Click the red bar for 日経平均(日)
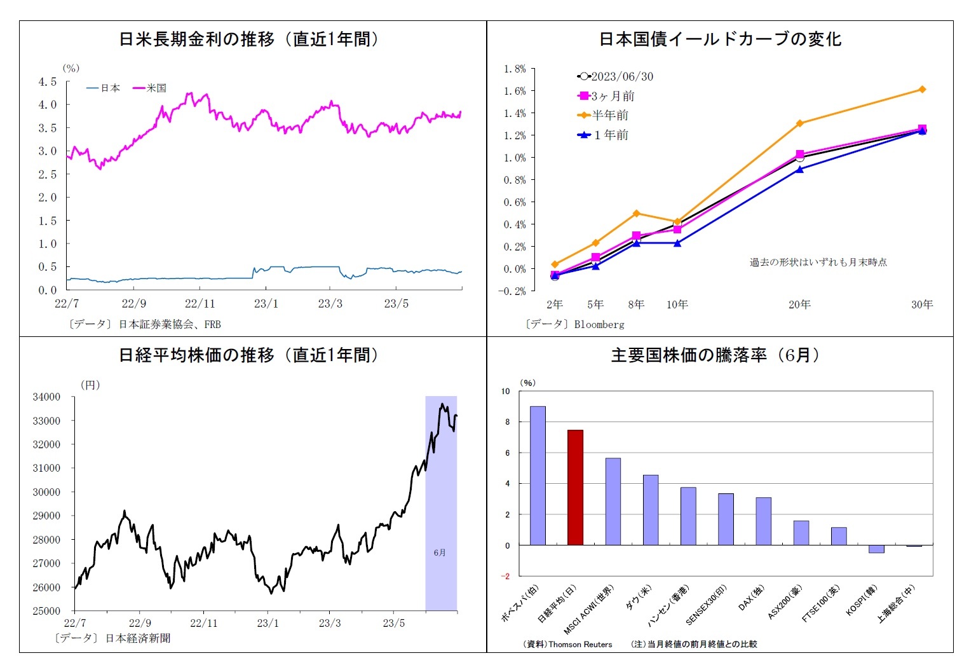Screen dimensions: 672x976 (575, 488)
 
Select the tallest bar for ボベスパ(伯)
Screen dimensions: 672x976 (538, 476)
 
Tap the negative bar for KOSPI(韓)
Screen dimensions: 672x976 (876, 549)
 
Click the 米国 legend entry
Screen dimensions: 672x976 (150, 88)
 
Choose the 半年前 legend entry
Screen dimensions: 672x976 (603, 115)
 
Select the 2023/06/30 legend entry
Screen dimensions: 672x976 (615, 76)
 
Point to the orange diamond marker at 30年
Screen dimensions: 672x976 (922, 90)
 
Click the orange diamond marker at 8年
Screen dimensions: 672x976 (636, 214)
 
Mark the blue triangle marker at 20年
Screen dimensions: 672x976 (799, 170)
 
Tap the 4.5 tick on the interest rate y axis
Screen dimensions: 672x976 (48, 81)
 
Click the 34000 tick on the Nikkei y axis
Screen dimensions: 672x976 (46, 397)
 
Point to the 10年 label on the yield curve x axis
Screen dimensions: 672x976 (677, 305)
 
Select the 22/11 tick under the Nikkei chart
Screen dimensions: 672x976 (203, 623)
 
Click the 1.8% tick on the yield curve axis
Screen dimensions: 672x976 (515, 69)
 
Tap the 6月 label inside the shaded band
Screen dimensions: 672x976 (440, 552)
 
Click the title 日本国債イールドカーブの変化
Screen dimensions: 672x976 (720, 39)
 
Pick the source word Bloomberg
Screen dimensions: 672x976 (599, 324)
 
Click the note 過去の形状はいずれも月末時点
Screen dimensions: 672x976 (818, 262)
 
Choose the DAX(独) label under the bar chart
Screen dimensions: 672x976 (751, 598)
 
